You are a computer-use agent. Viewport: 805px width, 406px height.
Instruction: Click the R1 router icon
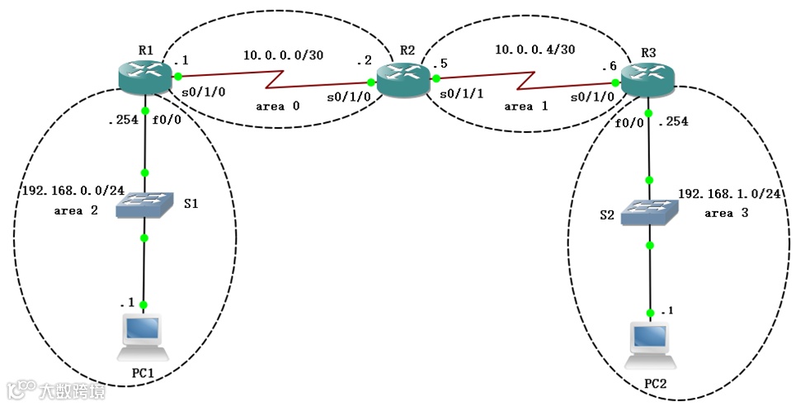144,77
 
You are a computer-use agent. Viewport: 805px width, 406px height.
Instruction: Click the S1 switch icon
144,205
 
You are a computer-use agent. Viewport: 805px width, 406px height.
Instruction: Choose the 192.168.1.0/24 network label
730,196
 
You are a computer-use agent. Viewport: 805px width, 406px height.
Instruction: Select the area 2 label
76,211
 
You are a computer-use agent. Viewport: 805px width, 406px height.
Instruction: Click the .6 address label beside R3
610,67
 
